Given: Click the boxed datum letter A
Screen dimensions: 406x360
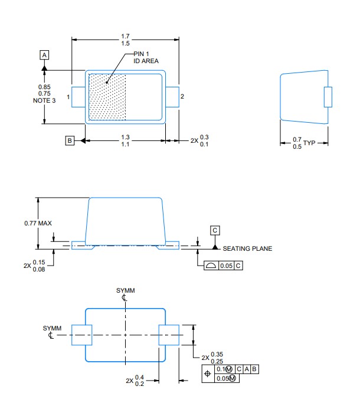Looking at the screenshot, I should point(44,55).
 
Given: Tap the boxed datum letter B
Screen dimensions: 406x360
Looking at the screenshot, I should point(70,140).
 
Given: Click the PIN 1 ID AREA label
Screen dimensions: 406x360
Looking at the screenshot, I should point(146,57).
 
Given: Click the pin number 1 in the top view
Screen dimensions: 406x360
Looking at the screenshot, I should point(68,97).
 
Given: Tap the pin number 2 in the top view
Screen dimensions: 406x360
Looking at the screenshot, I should point(182,96).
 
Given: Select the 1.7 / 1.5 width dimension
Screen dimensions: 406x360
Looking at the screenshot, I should point(125,40).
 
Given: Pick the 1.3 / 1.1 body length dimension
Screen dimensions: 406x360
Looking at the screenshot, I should point(125,140).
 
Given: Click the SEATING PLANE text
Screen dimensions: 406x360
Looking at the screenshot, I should point(247,248).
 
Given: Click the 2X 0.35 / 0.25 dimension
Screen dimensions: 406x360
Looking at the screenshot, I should point(212,358).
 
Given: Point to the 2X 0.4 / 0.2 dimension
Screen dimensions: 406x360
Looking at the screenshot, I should point(135,381).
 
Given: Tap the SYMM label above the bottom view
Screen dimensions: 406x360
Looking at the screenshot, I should point(124,291).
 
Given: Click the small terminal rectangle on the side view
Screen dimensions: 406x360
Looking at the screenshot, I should point(328,97).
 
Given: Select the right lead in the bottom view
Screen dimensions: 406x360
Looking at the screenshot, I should point(169,335).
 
